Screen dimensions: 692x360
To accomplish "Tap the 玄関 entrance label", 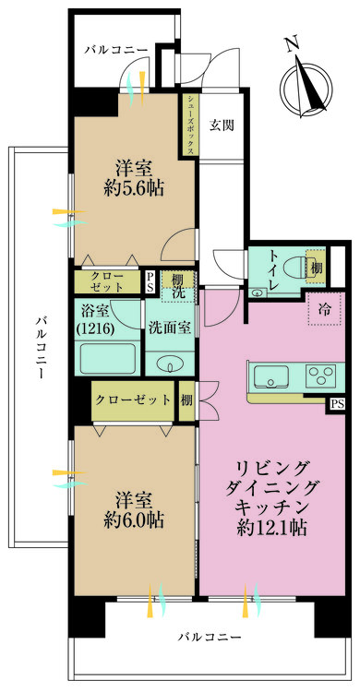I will click(220, 125).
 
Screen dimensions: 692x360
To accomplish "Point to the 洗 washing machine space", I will click(177, 292).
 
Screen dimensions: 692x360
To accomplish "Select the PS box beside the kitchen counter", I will click(337, 402).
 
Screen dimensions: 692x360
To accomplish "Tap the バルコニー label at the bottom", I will click(210, 638).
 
